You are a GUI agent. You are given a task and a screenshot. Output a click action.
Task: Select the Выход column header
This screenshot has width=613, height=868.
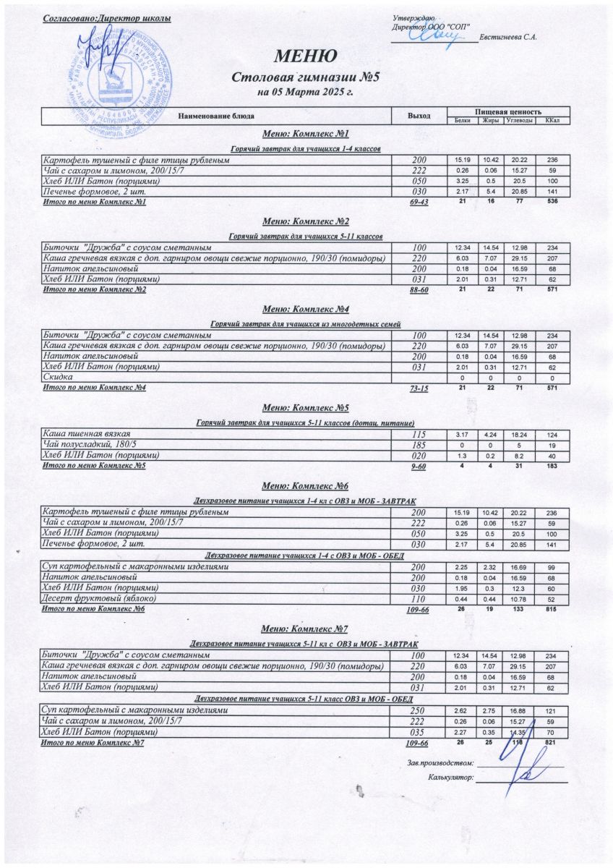419,116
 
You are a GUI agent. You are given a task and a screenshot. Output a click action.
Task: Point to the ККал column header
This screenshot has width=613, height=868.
553,120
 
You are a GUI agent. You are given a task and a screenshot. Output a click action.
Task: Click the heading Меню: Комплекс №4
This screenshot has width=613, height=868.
306,309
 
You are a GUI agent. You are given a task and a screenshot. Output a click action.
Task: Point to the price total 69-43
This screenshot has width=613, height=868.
419,202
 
